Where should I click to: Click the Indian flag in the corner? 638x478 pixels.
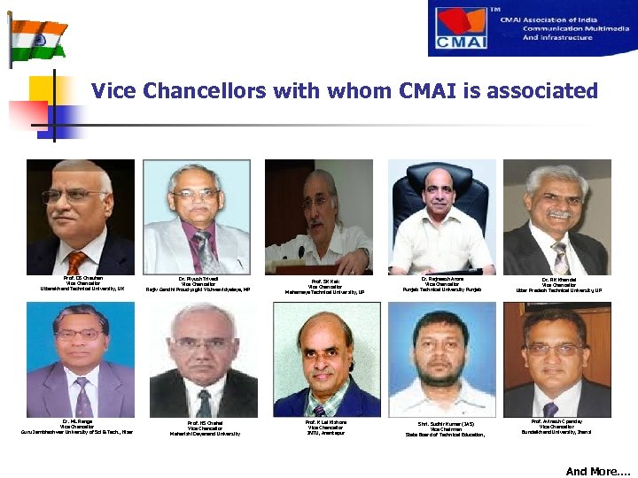tap(38, 35)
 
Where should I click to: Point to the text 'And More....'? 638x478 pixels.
tap(599, 472)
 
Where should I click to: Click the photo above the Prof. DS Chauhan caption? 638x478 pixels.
tap(81, 217)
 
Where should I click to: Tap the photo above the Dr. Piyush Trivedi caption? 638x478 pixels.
tap(198, 217)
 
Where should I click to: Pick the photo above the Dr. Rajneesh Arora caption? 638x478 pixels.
tap(440, 217)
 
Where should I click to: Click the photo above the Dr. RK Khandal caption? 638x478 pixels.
tap(557, 217)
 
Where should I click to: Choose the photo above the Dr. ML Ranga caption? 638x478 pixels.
tap(81, 359)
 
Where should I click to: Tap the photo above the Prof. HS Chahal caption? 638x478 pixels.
tap(204, 359)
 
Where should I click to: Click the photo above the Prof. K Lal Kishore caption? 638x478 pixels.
tap(326, 359)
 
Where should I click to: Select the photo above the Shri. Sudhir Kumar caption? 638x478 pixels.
tap(442, 359)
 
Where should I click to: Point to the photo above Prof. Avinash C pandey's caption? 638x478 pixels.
tap(557, 359)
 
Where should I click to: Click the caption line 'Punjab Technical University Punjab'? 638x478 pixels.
tap(440, 289)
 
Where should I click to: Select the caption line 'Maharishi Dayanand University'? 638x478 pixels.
tap(205, 434)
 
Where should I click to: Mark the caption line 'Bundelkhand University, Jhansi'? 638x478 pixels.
tap(558, 431)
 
